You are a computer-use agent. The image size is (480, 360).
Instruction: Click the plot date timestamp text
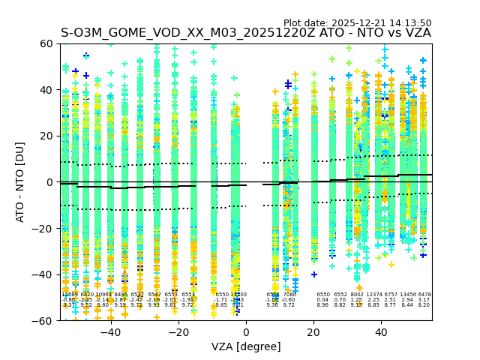[357, 23]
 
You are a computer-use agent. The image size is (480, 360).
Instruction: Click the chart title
[246, 33]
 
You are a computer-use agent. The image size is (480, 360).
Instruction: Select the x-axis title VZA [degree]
[246, 346]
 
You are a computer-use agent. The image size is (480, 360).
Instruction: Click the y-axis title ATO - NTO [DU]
[21, 182]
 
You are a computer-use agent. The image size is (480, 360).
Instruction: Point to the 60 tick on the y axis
[46, 43]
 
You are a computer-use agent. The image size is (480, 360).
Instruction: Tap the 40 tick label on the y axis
[46, 90]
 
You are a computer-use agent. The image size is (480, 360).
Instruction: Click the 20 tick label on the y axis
[46, 136]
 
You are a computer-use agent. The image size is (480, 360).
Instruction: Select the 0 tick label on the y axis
[49, 182]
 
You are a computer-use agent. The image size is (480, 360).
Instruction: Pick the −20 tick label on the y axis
[43, 228]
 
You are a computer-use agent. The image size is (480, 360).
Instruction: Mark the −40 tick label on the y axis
[43, 274]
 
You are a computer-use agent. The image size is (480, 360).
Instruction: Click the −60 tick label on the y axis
[43, 320]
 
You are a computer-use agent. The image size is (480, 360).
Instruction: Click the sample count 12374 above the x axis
[373, 295]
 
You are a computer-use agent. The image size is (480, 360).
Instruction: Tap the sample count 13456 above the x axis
[408, 295]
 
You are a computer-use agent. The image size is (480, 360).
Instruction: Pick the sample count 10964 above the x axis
[103, 295]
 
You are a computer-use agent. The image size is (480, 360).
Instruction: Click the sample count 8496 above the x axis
[120, 295]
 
